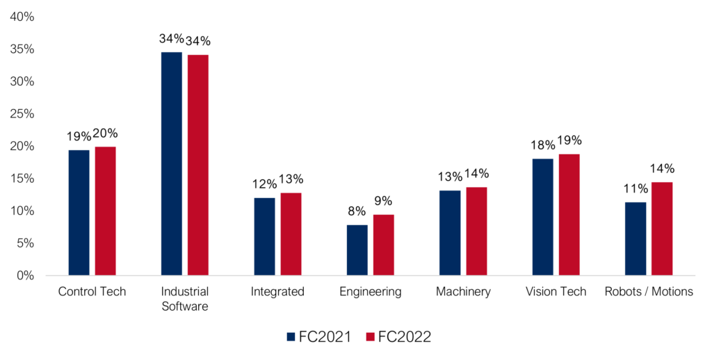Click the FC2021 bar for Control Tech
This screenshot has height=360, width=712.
point(79,213)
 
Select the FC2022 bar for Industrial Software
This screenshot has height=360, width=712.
point(198,165)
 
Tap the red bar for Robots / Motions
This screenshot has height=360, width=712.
point(662,229)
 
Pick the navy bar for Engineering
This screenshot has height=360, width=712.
point(357,250)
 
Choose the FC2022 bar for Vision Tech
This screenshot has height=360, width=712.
point(569,215)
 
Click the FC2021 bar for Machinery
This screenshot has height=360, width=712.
point(450,233)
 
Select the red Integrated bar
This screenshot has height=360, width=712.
point(291,234)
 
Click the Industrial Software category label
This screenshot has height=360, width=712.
point(184,298)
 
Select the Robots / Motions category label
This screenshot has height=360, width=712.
point(649,292)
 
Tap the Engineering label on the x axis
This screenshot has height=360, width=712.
point(371,292)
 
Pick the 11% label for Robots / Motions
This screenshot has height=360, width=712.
point(636,188)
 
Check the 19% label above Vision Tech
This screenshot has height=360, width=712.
point(569,140)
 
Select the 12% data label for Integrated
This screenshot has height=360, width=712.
point(265,184)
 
